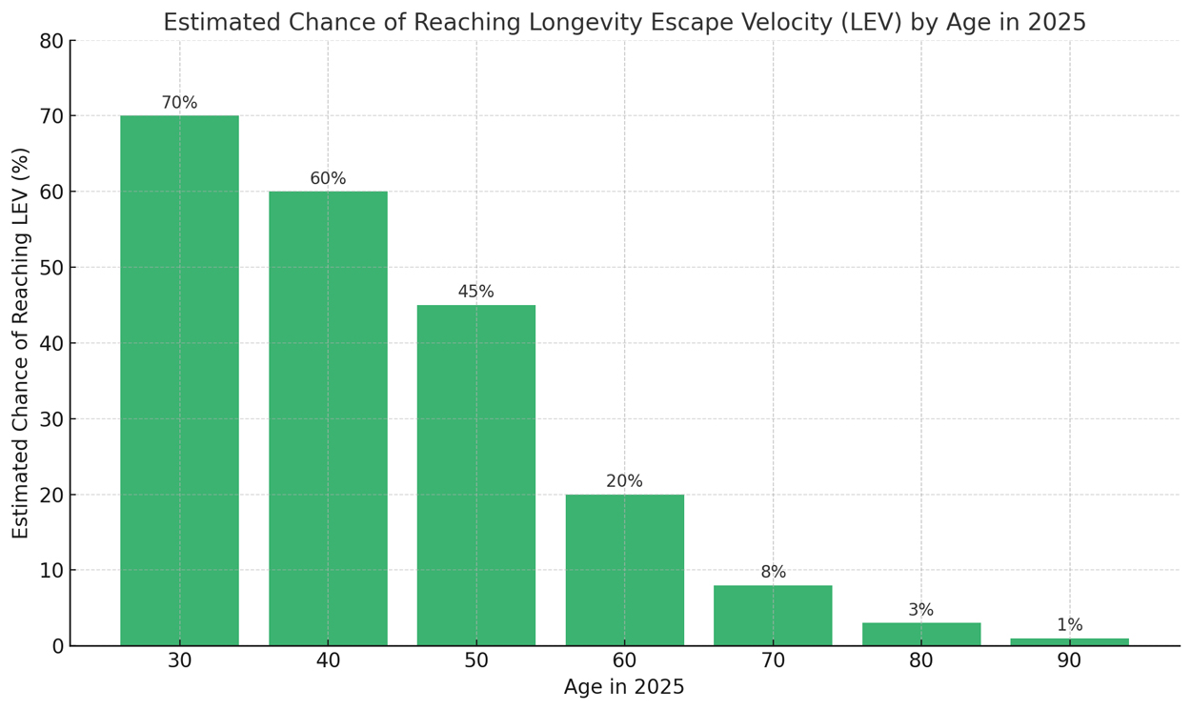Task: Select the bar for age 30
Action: pyautogui.click(x=180, y=381)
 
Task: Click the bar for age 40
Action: pyautogui.click(x=328, y=418)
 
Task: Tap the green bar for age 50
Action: pyautogui.click(x=476, y=476)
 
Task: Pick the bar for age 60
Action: pyautogui.click(x=625, y=570)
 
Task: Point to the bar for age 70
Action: pyautogui.click(x=773, y=616)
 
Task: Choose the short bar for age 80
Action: pyautogui.click(x=921, y=635)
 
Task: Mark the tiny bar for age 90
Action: pyautogui.click(x=1070, y=642)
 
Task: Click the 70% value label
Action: pyautogui.click(x=180, y=103)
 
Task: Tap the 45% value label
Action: pyautogui.click(x=476, y=292)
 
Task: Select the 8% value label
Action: pyautogui.click(x=773, y=572)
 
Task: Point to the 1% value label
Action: pyautogui.click(x=1070, y=625)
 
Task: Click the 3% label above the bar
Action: pyautogui.click(x=921, y=610)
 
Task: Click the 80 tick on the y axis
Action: pyautogui.click(x=51, y=41)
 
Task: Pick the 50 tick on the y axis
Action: pyautogui.click(x=51, y=268)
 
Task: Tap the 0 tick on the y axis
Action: pyautogui.click(x=57, y=646)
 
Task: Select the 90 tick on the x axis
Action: pyautogui.click(x=1070, y=661)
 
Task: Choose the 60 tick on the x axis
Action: pyautogui.click(x=625, y=661)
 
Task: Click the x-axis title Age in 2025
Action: pyautogui.click(x=624, y=687)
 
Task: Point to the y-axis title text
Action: pyautogui.click(x=20, y=343)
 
